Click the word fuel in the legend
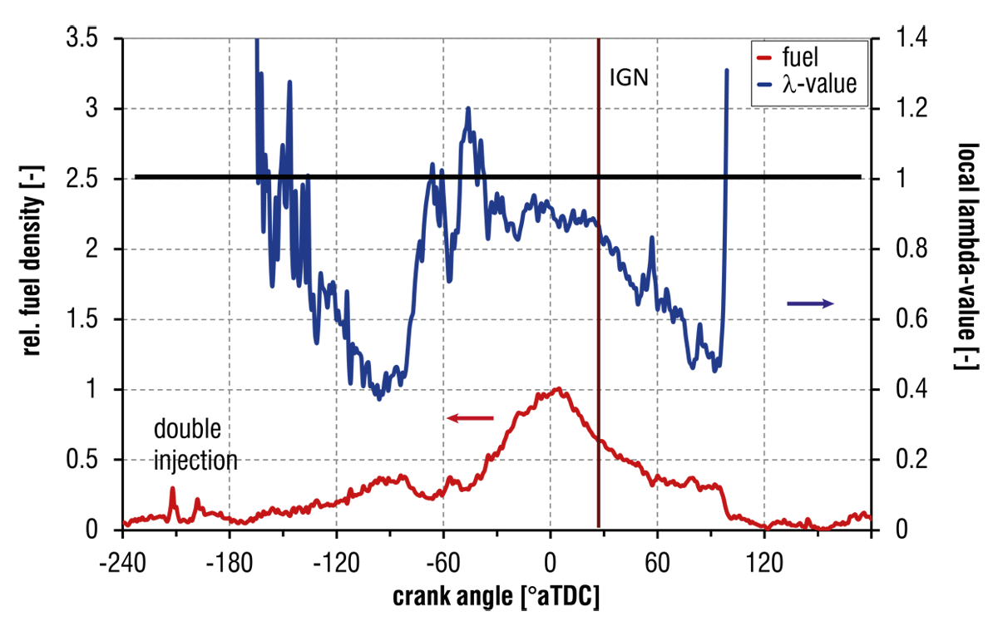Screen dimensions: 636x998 tap(801, 58)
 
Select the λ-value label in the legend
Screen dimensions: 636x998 tap(818, 84)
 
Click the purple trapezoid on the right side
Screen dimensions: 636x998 tap(811, 293)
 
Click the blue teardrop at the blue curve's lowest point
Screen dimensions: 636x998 tap(379, 412)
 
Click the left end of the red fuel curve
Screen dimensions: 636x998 tap(127, 521)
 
